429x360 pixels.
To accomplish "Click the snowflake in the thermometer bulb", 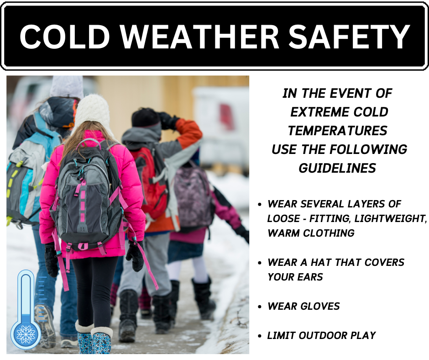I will (26, 334).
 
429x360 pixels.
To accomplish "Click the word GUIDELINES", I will (337, 168).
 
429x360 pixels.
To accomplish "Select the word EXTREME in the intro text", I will (317, 112).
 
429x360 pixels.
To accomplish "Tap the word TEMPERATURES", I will (337, 131).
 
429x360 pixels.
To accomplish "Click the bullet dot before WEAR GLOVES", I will (260, 307).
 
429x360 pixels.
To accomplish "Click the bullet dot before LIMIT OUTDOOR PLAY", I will (260, 336).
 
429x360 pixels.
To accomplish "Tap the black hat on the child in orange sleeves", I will (146, 118).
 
